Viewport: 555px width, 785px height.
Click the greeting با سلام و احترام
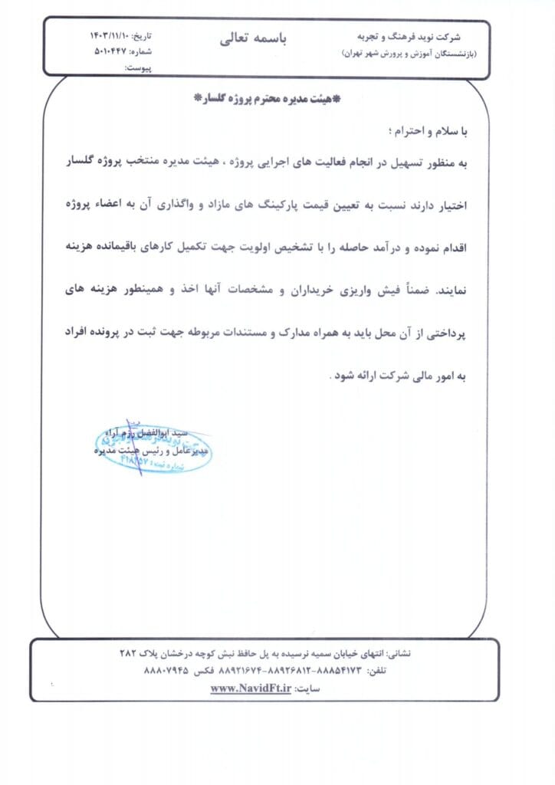point(432,131)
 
